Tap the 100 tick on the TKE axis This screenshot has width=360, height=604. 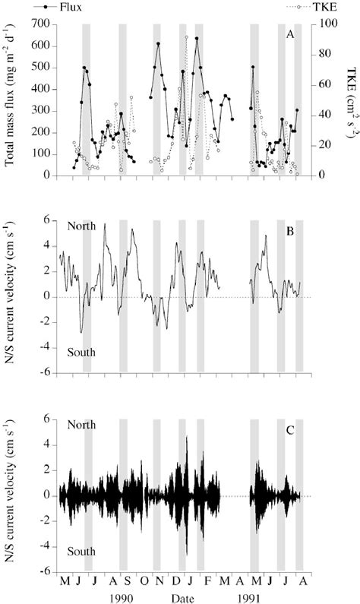tap(321, 24)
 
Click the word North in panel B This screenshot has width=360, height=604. tap(82, 226)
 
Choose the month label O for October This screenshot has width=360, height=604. tap(142, 582)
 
